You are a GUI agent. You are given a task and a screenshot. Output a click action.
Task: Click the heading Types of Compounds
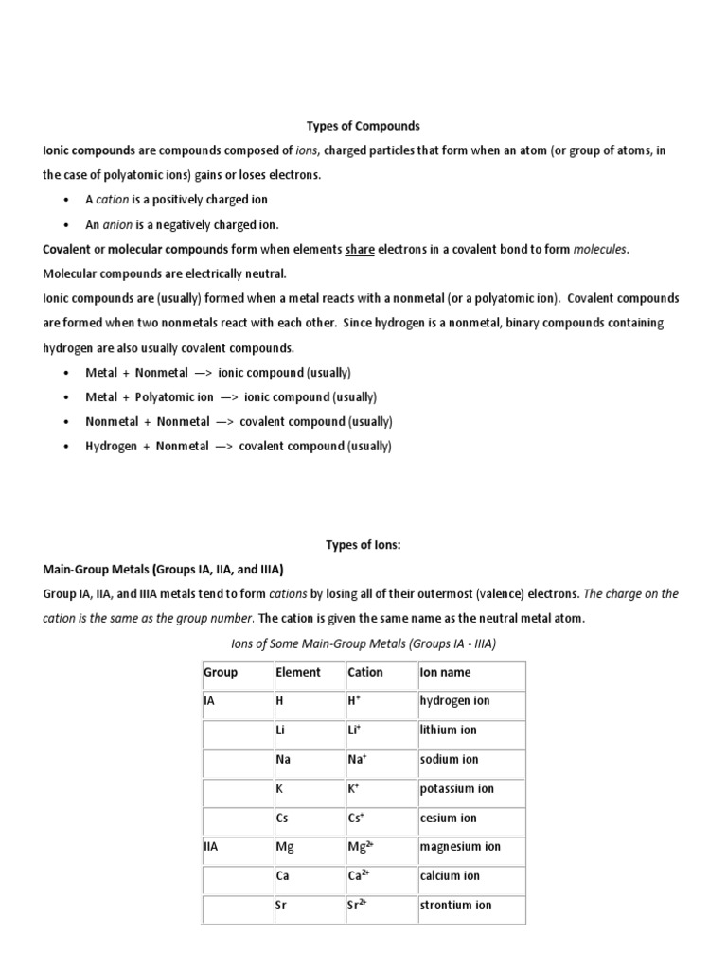pyautogui.click(x=363, y=126)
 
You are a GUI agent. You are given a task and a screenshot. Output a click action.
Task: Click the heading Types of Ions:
pyautogui.click(x=363, y=545)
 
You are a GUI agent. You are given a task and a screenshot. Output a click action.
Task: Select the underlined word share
pyautogui.click(x=360, y=250)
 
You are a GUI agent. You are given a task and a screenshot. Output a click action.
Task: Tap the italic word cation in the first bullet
pyautogui.click(x=113, y=200)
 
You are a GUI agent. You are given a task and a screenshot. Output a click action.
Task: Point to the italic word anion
pyautogui.click(x=118, y=225)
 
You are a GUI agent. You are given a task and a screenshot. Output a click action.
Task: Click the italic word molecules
pyautogui.click(x=599, y=250)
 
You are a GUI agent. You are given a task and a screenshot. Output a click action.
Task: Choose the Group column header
pyautogui.click(x=221, y=673)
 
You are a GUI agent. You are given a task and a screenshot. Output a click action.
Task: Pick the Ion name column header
pyautogui.click(x=445, y=673)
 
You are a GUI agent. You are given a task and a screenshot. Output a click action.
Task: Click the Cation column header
pyautogui.click(x=365, y=673)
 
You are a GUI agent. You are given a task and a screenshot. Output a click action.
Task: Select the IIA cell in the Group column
pyautogui.click(x=211, y=847)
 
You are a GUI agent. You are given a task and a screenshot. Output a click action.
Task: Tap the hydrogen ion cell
pyautogui.click(x=455, y=701)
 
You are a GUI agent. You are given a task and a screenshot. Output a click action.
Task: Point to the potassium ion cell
pyautogui.click(x=457, y=789)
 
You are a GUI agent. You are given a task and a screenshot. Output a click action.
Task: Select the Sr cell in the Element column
pyautogui.click(x=281, y=906)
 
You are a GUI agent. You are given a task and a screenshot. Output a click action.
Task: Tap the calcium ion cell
pyautogui.click(x=450, y=876)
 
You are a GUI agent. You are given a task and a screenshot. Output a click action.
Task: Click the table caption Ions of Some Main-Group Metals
pyautogui.click(x=364, y=643)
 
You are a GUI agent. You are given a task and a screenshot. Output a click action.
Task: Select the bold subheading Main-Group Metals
pyautogui.click(x=164, y=570)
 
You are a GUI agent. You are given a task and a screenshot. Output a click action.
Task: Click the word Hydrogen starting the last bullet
pyautogui.click(x=111, y=447)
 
